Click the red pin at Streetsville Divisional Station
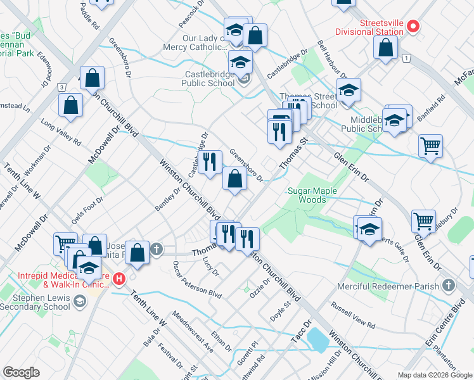click(413, 26)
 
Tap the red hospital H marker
click(120, 277)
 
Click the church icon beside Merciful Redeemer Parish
click(449, 286)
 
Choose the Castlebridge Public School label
click(207, 78)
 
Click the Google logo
click(22, 372)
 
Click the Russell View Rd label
click(353, 314)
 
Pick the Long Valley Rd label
click(61, 132)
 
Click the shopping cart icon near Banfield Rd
click(430, 145)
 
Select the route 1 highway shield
click(405, 58)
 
